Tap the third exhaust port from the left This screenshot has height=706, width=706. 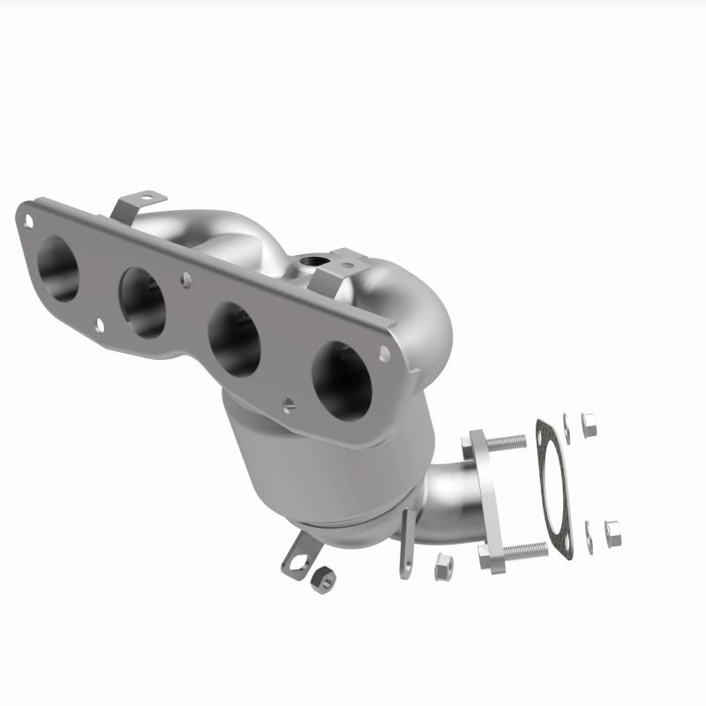[x=235, y=339]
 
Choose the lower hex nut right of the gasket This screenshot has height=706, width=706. [x=612, y=530]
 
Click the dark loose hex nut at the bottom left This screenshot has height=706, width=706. [x=323, y=578]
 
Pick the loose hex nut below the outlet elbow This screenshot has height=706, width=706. [x=444, y=567]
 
